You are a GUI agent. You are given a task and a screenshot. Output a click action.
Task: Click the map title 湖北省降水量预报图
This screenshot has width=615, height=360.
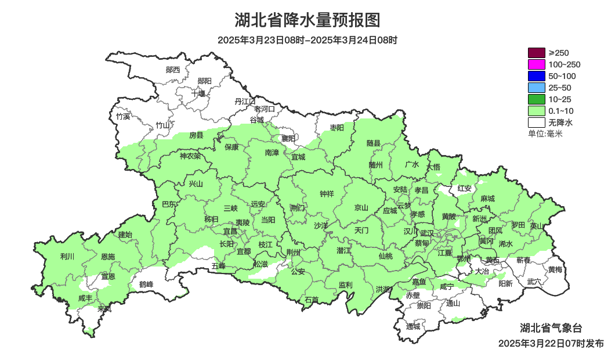307,20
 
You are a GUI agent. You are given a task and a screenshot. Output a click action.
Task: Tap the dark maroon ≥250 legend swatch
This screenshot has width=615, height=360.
536,53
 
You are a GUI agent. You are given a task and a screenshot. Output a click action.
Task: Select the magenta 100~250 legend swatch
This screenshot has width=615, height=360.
536,64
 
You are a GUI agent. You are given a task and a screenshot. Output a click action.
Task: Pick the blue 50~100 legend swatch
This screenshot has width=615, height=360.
536,76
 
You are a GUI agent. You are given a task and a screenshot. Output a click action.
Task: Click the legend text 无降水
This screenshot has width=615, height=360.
560,123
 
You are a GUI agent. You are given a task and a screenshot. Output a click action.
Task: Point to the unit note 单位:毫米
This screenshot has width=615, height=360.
545,134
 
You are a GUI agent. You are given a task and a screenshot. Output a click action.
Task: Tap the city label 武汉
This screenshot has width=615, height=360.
428,232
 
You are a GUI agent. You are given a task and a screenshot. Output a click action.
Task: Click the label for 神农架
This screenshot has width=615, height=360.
190,156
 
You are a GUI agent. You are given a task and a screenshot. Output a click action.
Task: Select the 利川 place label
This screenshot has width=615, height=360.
67,256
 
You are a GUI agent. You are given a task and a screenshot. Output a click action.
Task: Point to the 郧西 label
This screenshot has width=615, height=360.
173,70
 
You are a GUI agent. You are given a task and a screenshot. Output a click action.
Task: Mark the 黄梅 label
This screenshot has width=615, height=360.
555,269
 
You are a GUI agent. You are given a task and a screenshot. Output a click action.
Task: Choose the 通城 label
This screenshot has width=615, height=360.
413,326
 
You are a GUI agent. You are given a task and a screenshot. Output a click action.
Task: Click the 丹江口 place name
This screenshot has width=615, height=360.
245,101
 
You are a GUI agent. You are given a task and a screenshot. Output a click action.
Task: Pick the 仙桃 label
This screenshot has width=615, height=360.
385,256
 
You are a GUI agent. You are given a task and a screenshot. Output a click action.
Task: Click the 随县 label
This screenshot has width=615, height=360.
374,143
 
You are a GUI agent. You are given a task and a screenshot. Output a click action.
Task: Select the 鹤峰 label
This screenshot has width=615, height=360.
146,285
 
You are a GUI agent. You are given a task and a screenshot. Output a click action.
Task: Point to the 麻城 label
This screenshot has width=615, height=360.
487,199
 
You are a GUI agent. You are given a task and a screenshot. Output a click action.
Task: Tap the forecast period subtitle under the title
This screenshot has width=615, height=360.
307,40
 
